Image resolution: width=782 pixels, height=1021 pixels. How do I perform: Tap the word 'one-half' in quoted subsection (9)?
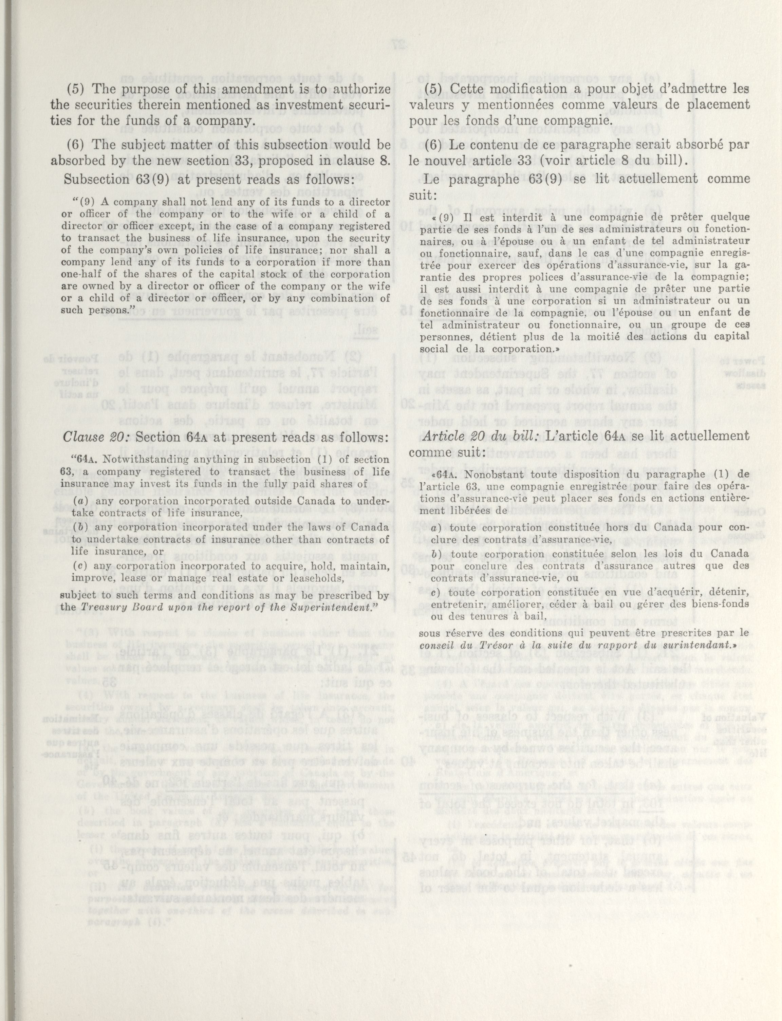[x=77, y=275]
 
